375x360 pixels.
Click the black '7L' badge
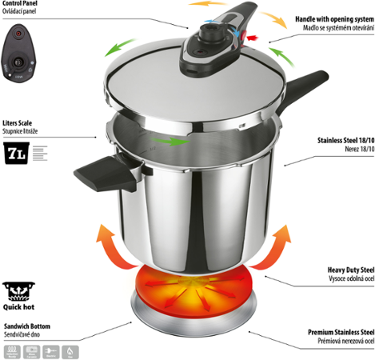[x=17, y=154]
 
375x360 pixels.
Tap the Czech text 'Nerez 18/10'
[x=353, y=148]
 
